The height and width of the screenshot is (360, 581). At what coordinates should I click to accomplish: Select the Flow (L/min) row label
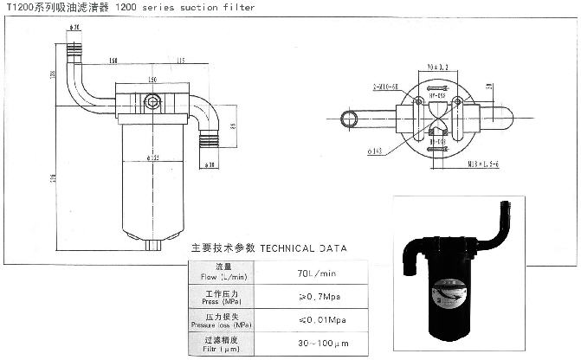(218, 273)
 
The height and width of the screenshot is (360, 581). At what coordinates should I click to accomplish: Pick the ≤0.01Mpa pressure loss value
(300, 321)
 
